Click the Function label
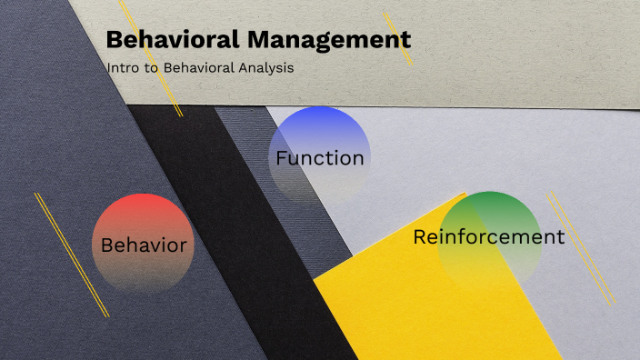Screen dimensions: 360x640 [320, 158]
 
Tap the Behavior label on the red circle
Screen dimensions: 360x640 [144, 245]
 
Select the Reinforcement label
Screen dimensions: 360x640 [488, 237]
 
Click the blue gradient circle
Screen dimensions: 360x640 [320, 127]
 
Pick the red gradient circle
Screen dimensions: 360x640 [144, 218]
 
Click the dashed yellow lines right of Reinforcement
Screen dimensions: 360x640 [582, 245]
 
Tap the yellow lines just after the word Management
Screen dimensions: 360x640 [398, 38]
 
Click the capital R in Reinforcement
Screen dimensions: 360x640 [419, 237]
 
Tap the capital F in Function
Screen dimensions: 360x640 [282, 158]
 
